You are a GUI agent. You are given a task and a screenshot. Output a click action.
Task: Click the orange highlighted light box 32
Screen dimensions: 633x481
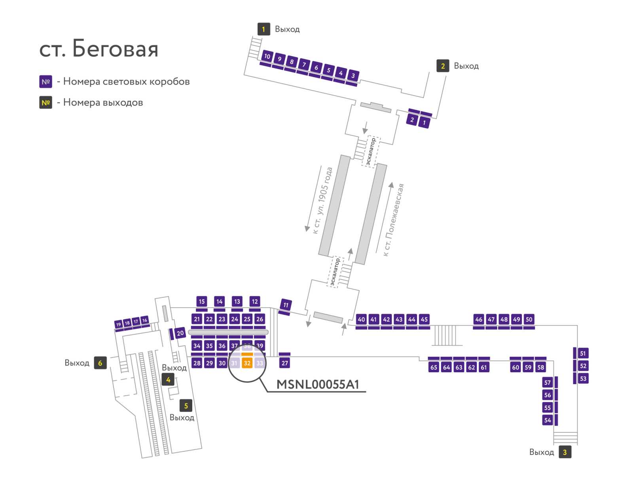[247, 363]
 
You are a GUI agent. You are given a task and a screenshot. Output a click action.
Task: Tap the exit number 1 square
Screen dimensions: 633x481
[263, 29]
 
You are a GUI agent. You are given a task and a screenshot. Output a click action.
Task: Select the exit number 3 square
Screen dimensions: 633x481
[565, 452]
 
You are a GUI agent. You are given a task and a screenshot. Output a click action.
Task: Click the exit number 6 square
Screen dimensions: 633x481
[100, 363]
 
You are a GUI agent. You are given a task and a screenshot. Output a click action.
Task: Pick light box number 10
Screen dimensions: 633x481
[267, 56]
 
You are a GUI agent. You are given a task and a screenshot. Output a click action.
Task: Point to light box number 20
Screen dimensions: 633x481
[180, 333]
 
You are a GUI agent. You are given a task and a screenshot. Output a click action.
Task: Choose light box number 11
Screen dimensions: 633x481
[286, 305]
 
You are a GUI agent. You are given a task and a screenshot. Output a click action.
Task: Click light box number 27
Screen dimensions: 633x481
[284, 363]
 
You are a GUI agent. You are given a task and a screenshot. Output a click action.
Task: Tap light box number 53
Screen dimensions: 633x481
[583, 379]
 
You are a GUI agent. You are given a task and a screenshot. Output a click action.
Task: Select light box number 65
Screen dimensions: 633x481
[434, 367]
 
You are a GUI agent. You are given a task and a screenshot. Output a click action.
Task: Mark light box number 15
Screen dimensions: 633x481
[202, 301]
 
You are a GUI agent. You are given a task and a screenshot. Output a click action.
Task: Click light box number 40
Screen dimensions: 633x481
[361, 319]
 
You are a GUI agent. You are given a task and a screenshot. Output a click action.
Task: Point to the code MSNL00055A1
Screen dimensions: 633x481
[318, 384]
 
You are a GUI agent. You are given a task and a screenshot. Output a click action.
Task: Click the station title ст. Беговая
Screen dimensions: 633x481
[99, 48]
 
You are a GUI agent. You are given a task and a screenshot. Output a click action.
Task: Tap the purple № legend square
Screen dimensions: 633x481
[45, 81]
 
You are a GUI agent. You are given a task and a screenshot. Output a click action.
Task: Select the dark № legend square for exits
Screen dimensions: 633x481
[45, 102]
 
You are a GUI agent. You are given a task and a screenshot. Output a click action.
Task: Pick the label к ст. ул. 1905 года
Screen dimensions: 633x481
[323, 200]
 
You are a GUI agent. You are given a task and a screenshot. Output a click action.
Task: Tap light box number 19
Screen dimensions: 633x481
[118, 324]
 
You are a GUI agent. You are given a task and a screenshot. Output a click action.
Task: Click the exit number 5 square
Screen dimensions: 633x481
[186, 406]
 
